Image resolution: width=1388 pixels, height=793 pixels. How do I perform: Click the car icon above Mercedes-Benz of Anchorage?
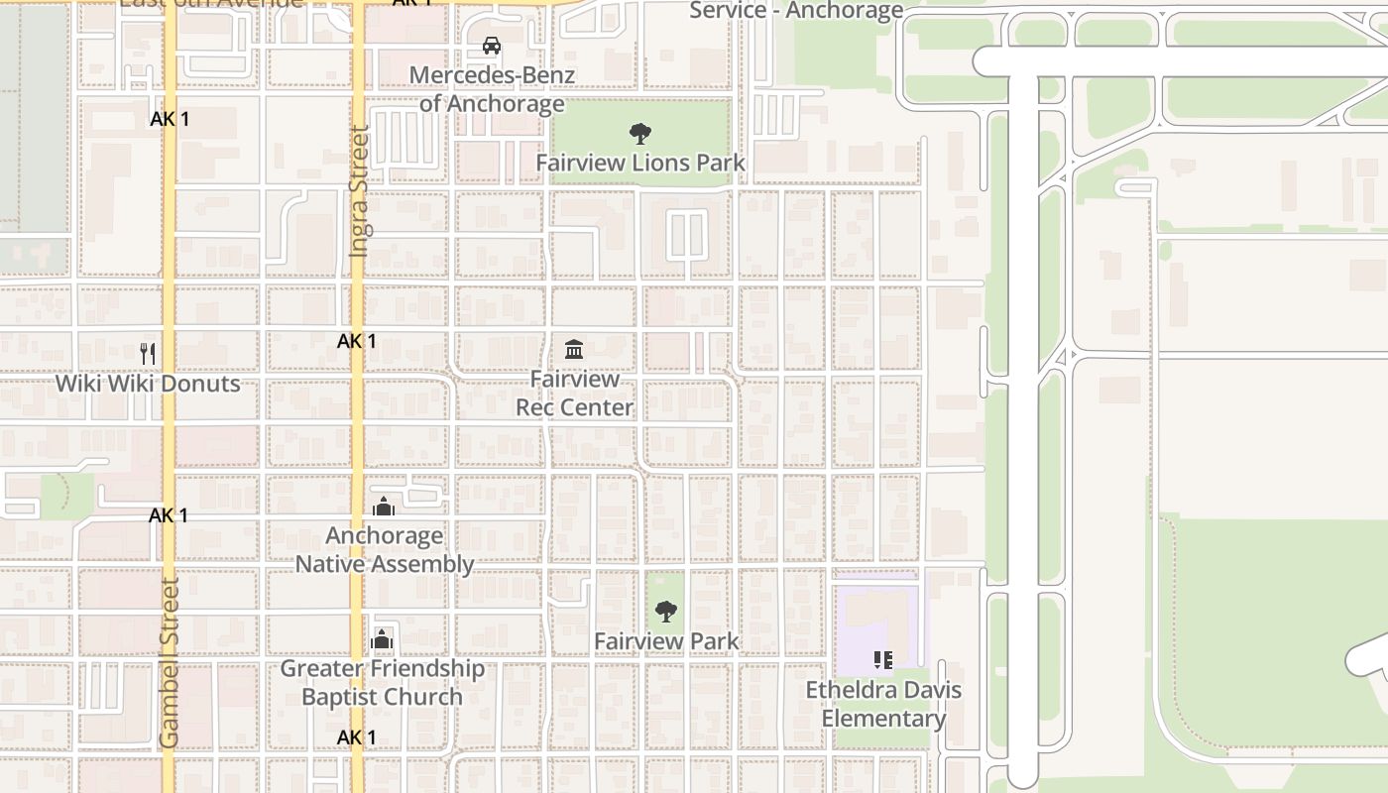491,46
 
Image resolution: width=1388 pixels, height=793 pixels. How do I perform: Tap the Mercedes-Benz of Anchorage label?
492,89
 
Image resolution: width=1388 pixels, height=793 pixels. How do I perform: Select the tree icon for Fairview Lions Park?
640,133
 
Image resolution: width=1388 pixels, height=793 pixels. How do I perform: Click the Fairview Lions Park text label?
640,163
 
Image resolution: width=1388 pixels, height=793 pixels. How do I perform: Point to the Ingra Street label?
359,191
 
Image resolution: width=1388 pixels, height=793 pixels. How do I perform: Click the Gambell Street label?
170,663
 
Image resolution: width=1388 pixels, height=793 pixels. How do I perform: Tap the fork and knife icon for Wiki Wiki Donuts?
148,354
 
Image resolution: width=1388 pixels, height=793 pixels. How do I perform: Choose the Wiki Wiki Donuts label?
148,384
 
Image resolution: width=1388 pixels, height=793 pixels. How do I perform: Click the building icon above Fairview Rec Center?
573,349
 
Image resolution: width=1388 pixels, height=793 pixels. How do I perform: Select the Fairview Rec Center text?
574,394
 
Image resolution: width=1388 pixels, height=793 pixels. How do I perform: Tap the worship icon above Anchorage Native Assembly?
384,507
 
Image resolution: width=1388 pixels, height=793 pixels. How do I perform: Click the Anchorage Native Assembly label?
385,550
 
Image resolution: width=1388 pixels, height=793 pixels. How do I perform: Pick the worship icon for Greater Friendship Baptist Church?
382,639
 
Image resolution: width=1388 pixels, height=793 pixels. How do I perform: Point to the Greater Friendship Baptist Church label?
383,683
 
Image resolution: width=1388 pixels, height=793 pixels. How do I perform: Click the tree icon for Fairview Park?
666,611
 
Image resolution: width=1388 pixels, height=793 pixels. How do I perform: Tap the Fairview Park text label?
666,641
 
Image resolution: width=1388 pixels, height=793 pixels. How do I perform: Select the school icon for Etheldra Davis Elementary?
883,660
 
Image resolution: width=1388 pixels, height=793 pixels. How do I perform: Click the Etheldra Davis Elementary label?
883,704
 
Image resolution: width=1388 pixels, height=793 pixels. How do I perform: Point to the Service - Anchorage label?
796,11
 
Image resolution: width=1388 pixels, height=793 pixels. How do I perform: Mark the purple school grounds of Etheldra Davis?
867,615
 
